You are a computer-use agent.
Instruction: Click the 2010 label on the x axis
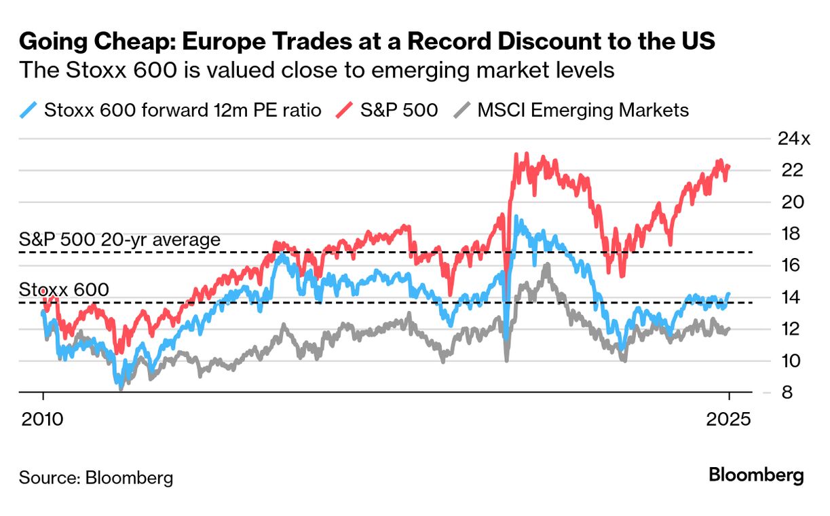pyautogui.click(x=43, y=418)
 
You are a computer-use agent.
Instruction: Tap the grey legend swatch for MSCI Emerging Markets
pyautogui.click(x=461, y=109)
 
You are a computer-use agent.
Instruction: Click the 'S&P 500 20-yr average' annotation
pyautogui.click(x=119, y=240)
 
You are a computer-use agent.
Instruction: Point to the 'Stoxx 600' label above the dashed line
pyautogui.click(x=64, y=290)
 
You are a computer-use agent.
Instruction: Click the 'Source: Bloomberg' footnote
pyautogui.click(x=96, y=477)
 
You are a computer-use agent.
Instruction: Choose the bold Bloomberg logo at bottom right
pyautogui.click(x=756, y=475)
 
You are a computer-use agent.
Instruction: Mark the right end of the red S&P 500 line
pyautogui.click(x=729, y=166)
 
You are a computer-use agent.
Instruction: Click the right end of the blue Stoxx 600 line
pyautogui.click(x=729, y=294)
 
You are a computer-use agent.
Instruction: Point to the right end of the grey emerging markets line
pyautogui.click(x=729, y=329)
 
